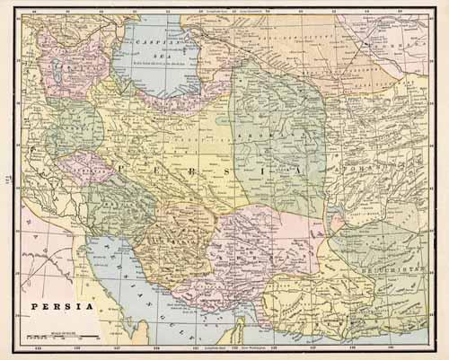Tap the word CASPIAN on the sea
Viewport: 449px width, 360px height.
(x=145, y=43)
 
